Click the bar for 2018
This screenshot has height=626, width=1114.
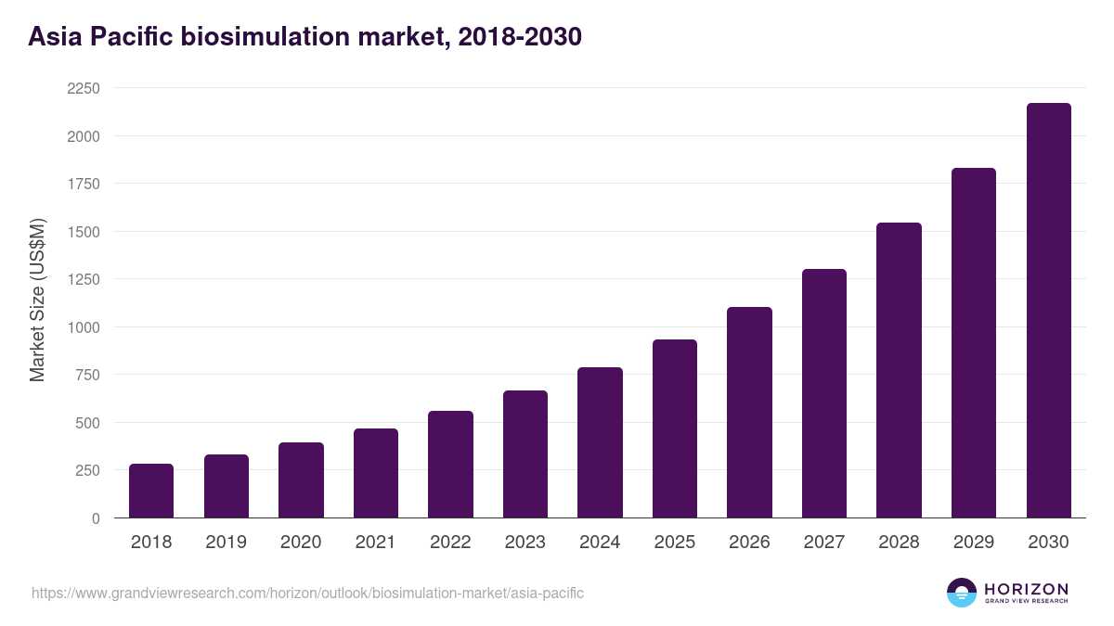(151, 491)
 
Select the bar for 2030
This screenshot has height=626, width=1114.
(1048, 311)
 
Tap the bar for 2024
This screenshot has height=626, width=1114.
(600, 442)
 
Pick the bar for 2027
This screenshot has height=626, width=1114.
(824, 393)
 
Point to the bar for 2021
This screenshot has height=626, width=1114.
(376, 473)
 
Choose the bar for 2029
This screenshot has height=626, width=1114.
(974, 343)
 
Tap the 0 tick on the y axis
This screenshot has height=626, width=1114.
(95, 518)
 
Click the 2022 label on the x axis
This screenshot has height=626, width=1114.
(450, 543)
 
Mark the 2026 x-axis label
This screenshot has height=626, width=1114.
(749, 543)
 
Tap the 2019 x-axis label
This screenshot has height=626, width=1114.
(226, 543)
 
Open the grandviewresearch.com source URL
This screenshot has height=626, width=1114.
(307, 593)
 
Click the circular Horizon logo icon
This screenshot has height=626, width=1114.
(962, 593)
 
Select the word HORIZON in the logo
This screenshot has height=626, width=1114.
(1027, 588)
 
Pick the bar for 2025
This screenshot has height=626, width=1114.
(675, 428)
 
